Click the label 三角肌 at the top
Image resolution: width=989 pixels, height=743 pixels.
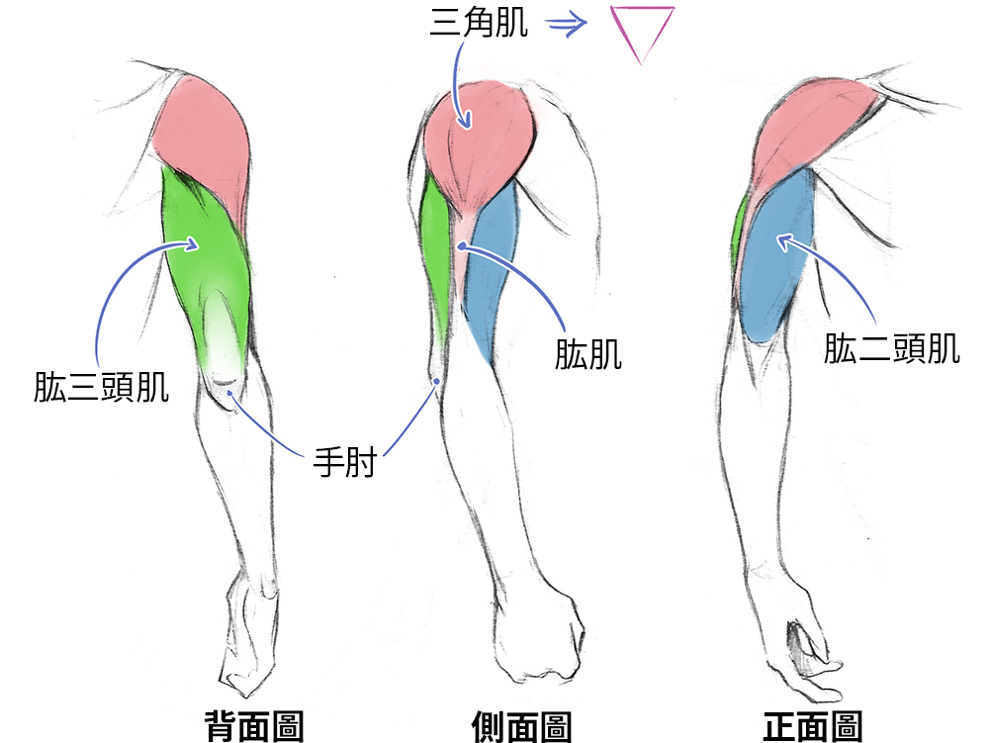479,23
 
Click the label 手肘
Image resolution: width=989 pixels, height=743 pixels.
345,462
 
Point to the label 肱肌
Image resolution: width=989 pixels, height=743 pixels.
588,353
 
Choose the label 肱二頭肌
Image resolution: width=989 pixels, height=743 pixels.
892,348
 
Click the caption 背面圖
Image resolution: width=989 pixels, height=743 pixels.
253,726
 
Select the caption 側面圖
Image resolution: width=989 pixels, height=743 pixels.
522,726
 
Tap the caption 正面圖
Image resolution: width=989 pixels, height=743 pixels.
813,726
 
